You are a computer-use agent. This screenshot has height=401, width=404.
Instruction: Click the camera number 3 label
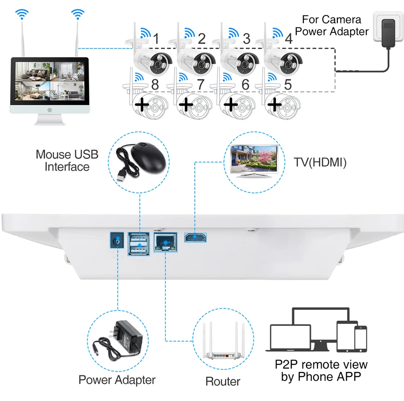click(x=246, y=39)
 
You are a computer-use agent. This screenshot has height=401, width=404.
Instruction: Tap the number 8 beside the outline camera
click(x=155, y=84)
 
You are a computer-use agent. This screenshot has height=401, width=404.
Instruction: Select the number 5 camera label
click(x=288, y=84)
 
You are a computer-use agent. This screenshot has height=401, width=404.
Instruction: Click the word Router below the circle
click(x=223, y=381)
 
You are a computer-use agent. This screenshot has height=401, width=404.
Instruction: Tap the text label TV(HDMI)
click(x=320, y=162)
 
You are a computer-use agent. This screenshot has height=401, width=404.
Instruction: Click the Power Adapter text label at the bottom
click(x=117, y=380)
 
